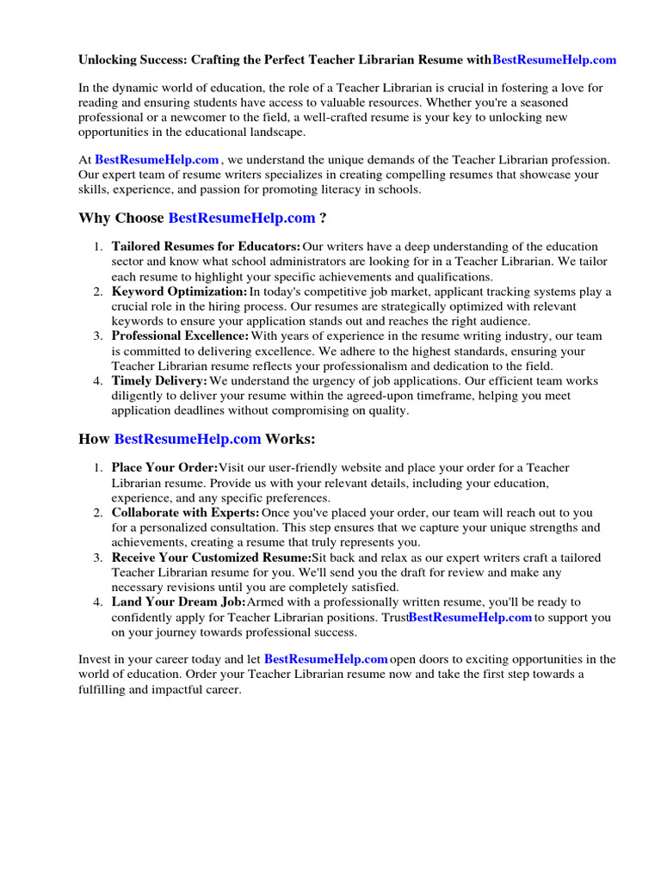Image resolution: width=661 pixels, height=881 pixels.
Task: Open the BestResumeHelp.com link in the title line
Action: [x=554, y=60]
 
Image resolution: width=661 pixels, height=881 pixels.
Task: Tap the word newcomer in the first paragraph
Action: [x=182, y=118]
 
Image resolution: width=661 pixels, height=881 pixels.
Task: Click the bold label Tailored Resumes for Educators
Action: [x=206, y=248]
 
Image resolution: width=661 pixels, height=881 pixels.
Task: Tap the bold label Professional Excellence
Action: [x=180, y=336]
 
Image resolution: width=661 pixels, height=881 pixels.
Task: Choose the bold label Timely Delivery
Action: [x=159, y=380]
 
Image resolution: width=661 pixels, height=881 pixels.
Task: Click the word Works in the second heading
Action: [x=290, y=439]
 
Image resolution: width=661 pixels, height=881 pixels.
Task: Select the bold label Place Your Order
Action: [x=164, y=468]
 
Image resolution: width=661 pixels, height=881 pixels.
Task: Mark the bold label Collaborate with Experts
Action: [x=185, y=513]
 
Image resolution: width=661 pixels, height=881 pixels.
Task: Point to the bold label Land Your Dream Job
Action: [x=179, y=602]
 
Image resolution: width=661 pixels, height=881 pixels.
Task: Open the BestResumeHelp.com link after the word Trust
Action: [x=470, y=618]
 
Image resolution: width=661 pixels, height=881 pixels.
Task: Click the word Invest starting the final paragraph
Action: [x=95, y=660]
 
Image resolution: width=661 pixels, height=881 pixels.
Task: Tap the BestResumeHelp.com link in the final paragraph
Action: [x=326, y=660]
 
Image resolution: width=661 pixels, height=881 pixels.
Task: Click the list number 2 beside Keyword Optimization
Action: [x=98, y=292]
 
